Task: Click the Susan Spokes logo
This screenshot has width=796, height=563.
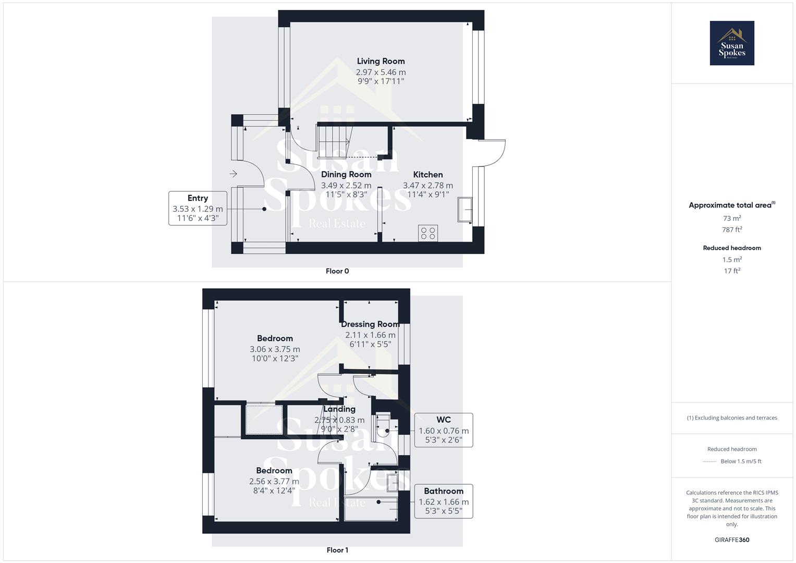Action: click(732, 43)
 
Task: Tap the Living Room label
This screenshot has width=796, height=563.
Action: click(381, 62)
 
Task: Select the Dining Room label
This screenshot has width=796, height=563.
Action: click(346, 175)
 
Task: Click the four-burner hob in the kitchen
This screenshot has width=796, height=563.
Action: click(428, 233)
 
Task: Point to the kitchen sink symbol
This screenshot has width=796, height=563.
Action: click(465, 210)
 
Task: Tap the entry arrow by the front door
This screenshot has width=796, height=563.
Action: click(233, 174)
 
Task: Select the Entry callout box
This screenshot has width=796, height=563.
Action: click(198, 209)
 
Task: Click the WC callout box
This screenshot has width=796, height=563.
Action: click(444, 430)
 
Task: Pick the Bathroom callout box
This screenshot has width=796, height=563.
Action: click(444, 501)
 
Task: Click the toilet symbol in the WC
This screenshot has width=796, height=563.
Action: click(383, 425)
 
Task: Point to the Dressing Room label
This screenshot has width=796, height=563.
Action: click(370, 324)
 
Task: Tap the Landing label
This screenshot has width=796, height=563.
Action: click(339, 409)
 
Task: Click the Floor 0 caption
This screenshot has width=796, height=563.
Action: click(337, 271)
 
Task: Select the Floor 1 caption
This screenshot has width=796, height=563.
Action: click(337, 550)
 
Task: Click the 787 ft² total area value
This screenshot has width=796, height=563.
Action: click(732, 229)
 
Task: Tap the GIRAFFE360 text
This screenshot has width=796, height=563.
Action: click(732, 540)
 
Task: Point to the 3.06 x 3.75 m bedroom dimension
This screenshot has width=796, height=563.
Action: click(275, 349)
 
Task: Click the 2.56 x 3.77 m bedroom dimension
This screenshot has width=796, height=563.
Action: click(274, 482)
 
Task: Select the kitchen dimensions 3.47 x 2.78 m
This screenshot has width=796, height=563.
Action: click(428, 186)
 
